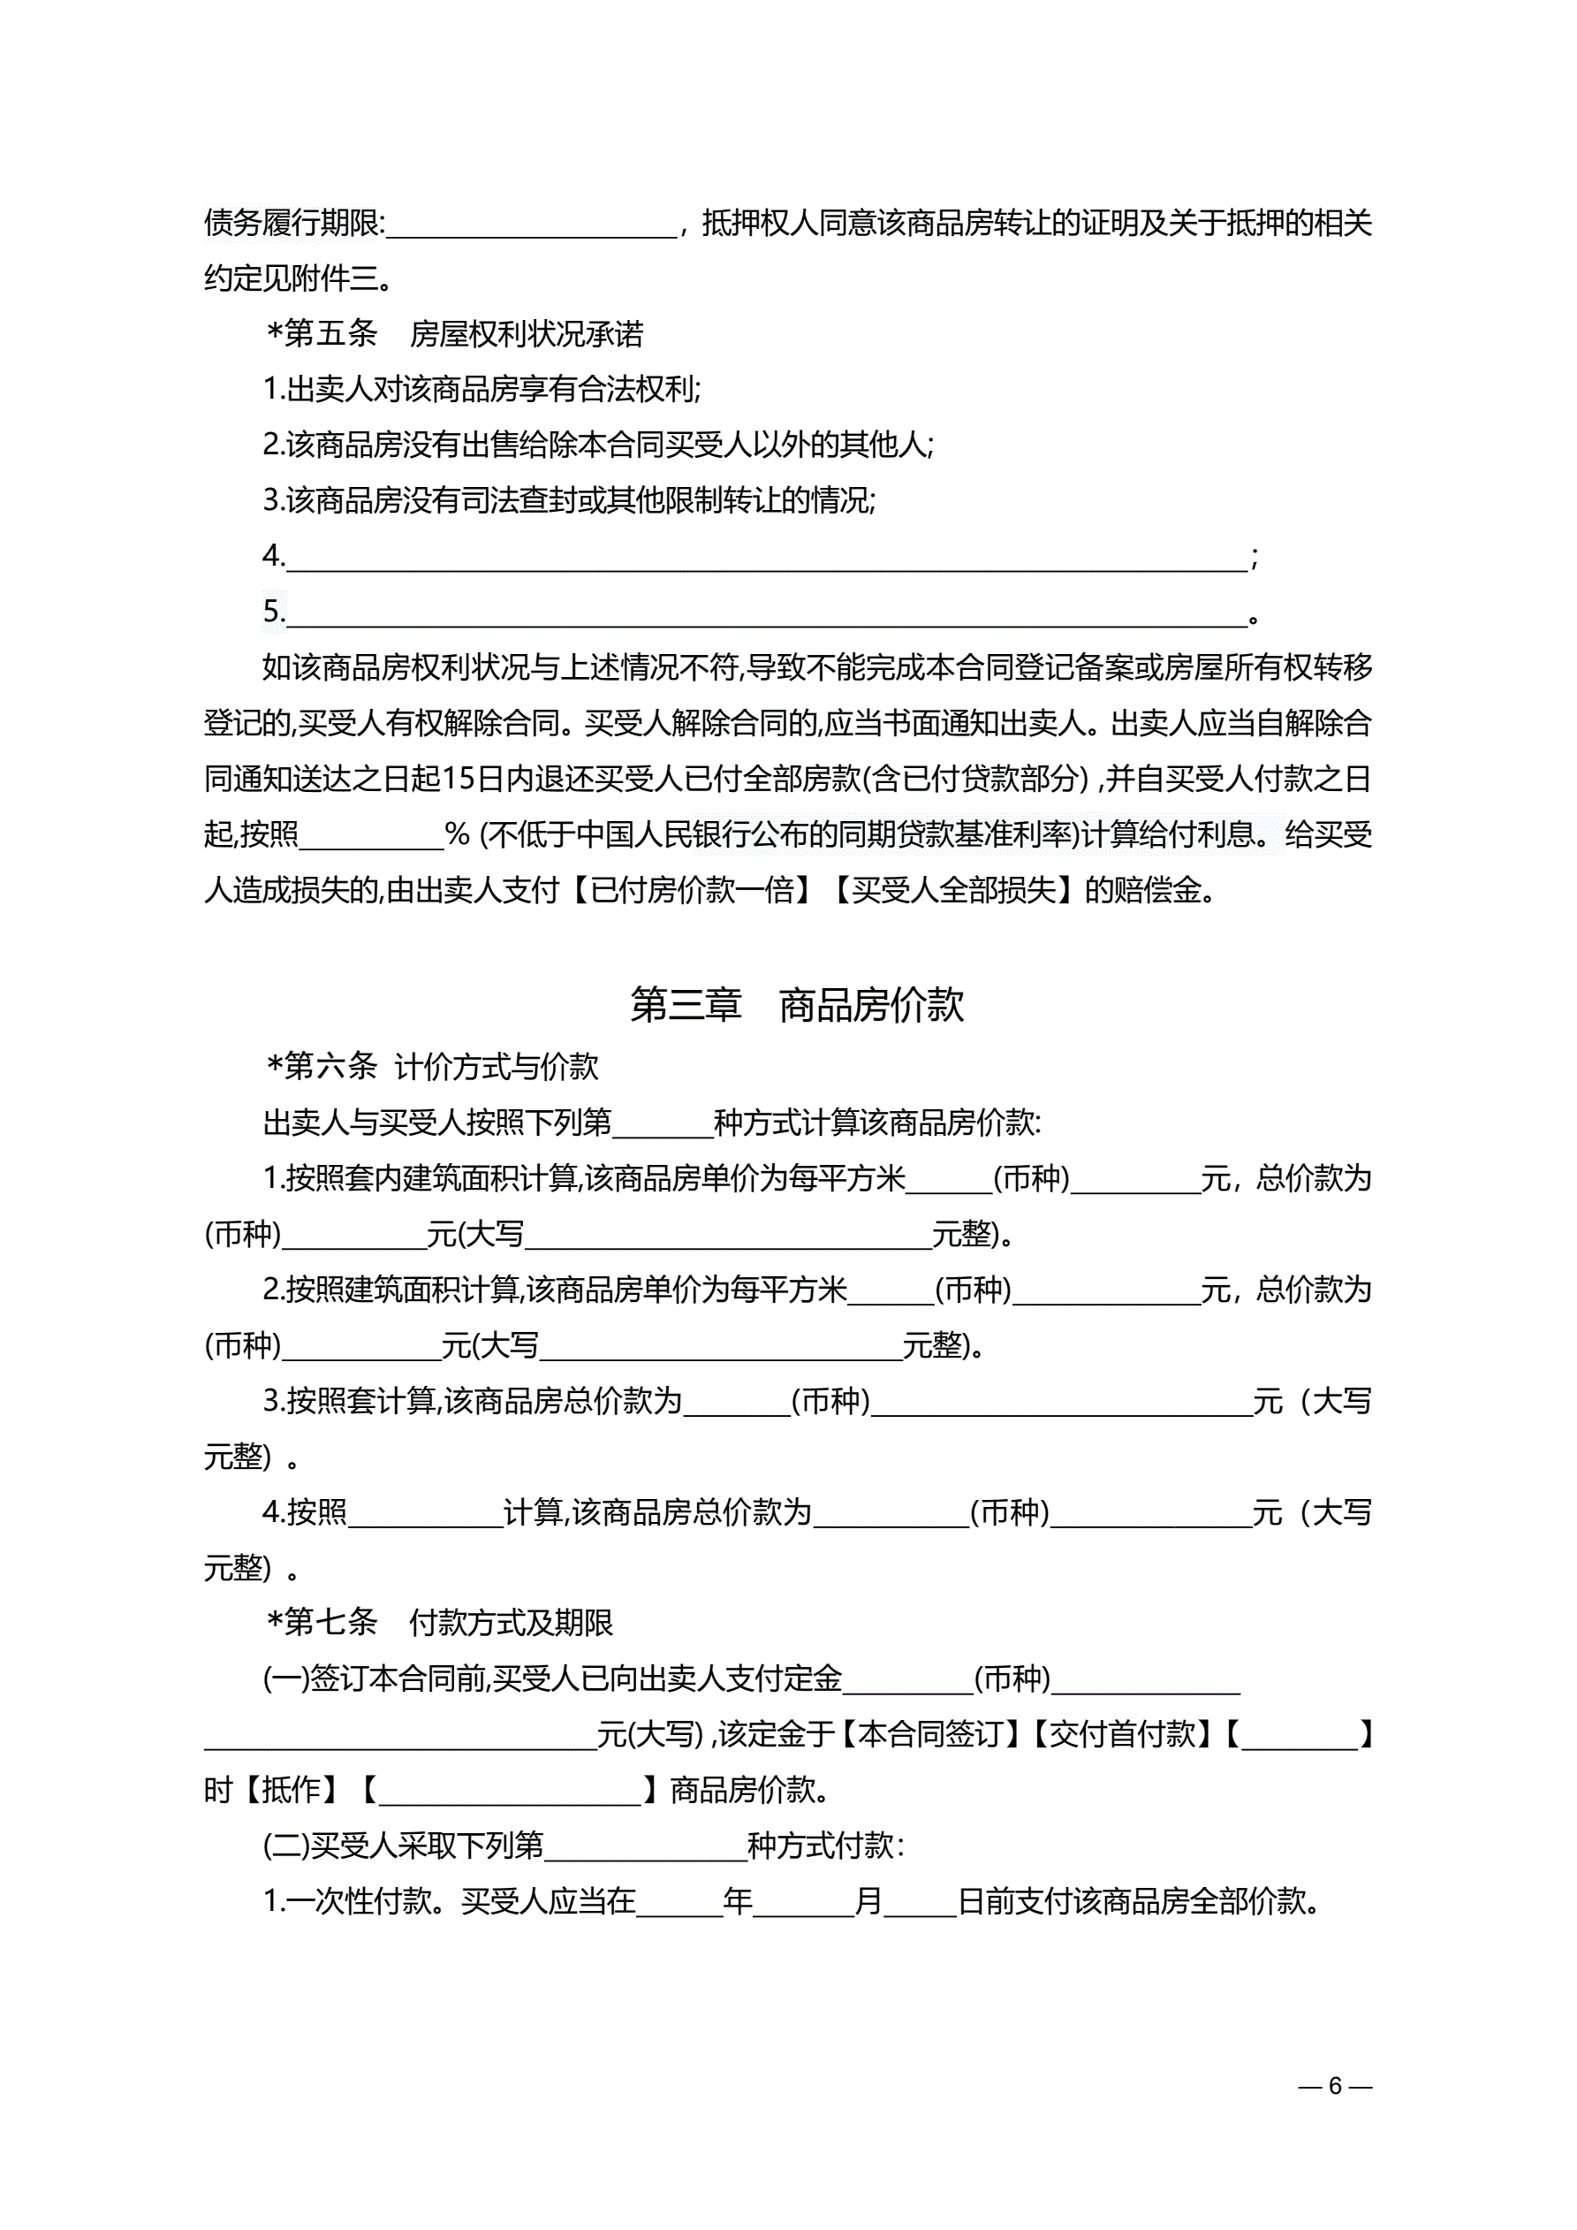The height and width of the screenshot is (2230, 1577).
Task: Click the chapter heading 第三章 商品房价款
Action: (796, 1005)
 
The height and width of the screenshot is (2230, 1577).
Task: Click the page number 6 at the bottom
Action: (1335, 2085)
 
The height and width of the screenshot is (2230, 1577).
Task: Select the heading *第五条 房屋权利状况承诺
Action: (453, 334)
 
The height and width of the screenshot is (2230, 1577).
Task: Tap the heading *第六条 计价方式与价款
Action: (432, 1067)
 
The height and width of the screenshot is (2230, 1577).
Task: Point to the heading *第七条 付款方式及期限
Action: (439, 1622)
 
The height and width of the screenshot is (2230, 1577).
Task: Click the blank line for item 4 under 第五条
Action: (767, 559)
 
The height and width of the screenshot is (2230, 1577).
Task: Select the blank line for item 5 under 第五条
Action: (767, 613)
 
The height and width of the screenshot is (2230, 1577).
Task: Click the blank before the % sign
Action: (372, 836)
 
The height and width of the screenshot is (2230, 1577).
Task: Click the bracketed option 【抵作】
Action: (292, 1789)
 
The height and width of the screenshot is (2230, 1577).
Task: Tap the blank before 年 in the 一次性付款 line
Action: (679, 1902)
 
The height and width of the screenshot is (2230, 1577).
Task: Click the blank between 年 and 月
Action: (803, 1902)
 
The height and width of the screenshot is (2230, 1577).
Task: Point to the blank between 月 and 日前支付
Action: (920, 1902)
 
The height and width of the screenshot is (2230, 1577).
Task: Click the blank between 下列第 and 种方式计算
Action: (663, 1123)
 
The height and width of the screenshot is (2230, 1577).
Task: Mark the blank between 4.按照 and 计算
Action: (425, 1513)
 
